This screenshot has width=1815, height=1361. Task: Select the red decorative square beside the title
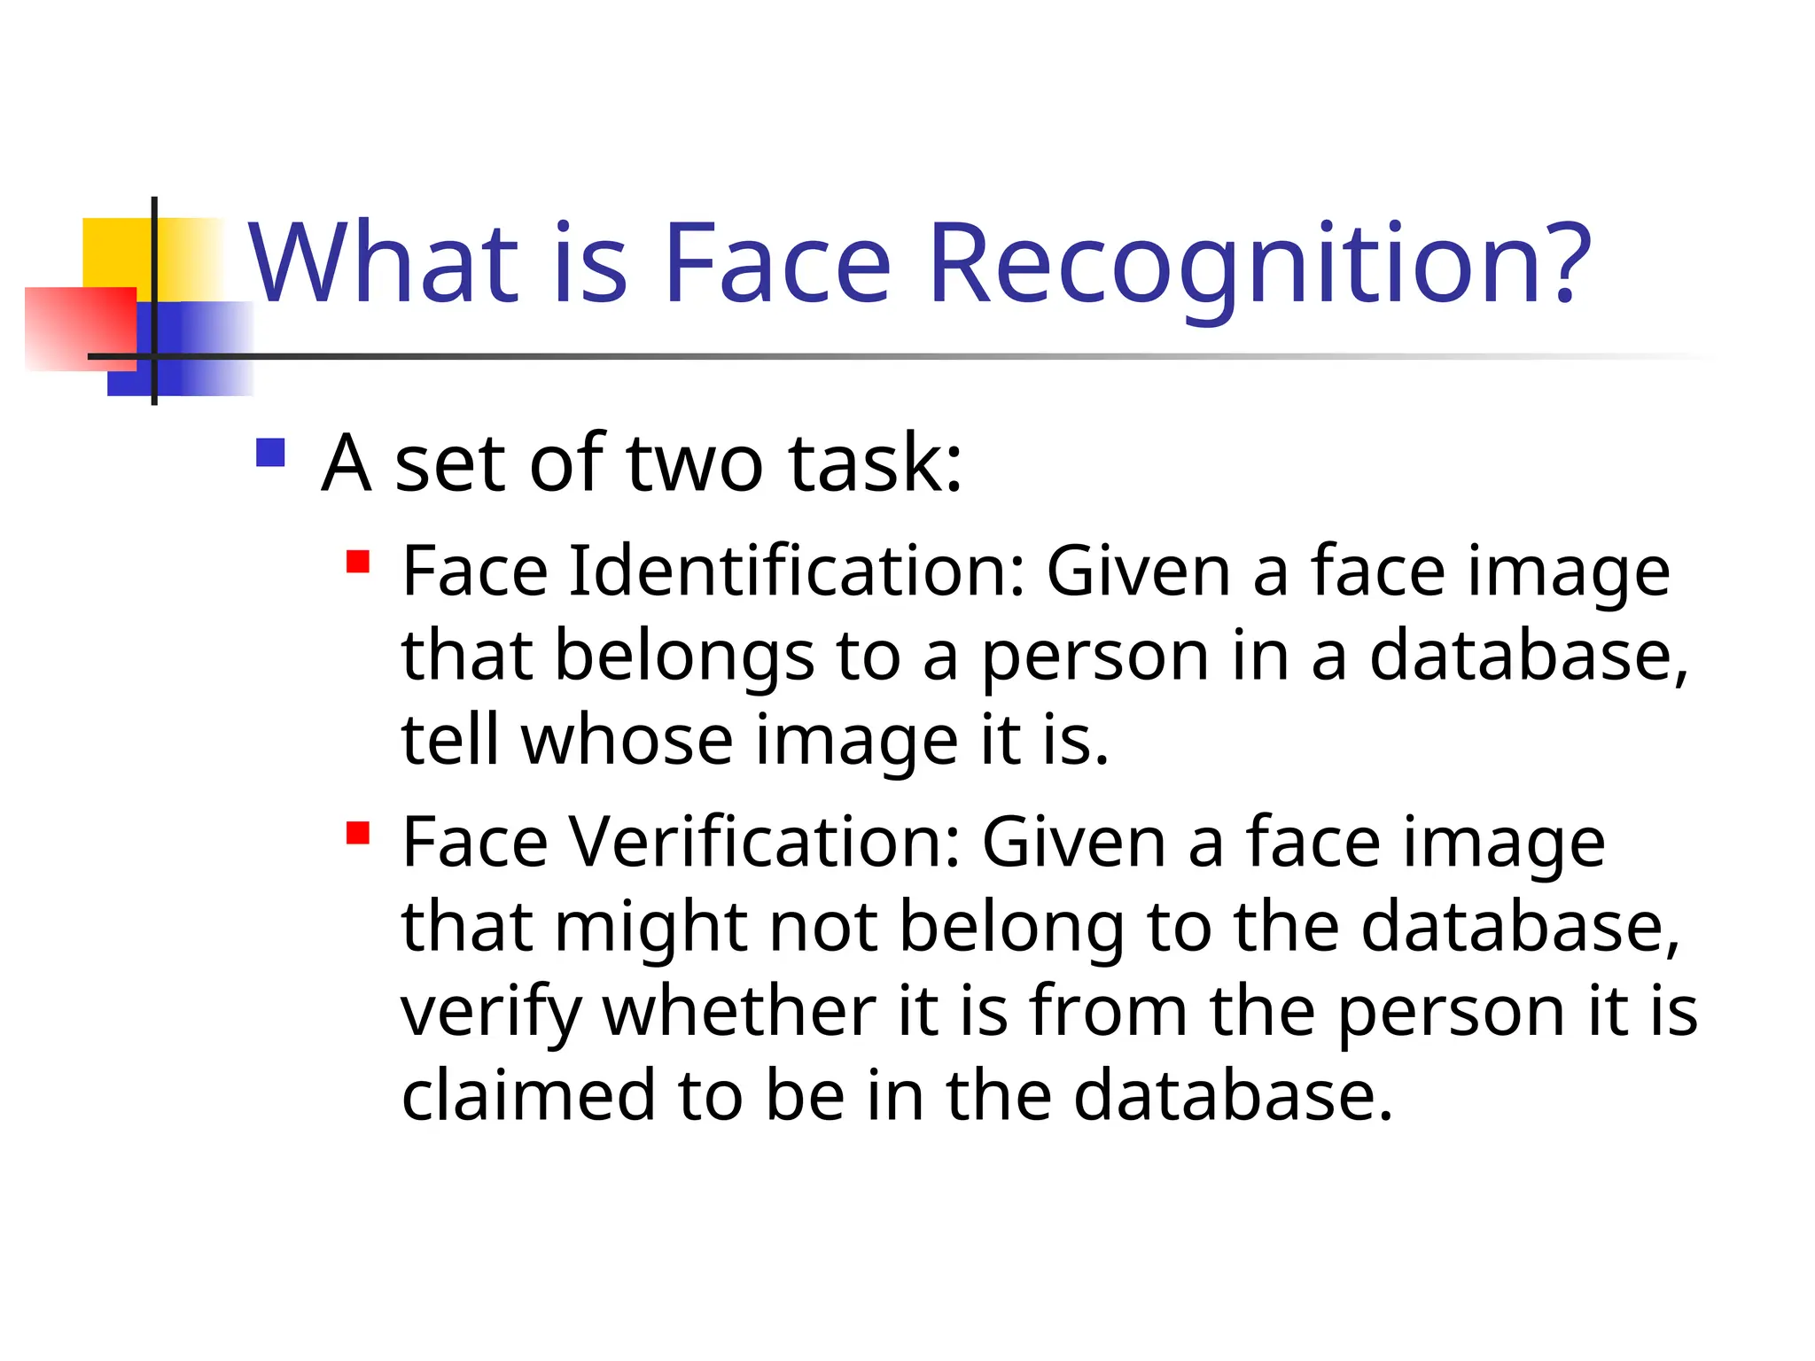pos(80,328)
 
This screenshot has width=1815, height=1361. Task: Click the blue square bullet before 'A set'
pos(270,453)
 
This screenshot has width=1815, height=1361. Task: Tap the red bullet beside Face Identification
pos(358,563)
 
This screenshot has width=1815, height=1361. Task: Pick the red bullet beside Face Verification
pos(358,834)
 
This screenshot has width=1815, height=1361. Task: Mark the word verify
pos(491,1013)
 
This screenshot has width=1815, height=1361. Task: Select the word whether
pos(739,1011)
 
